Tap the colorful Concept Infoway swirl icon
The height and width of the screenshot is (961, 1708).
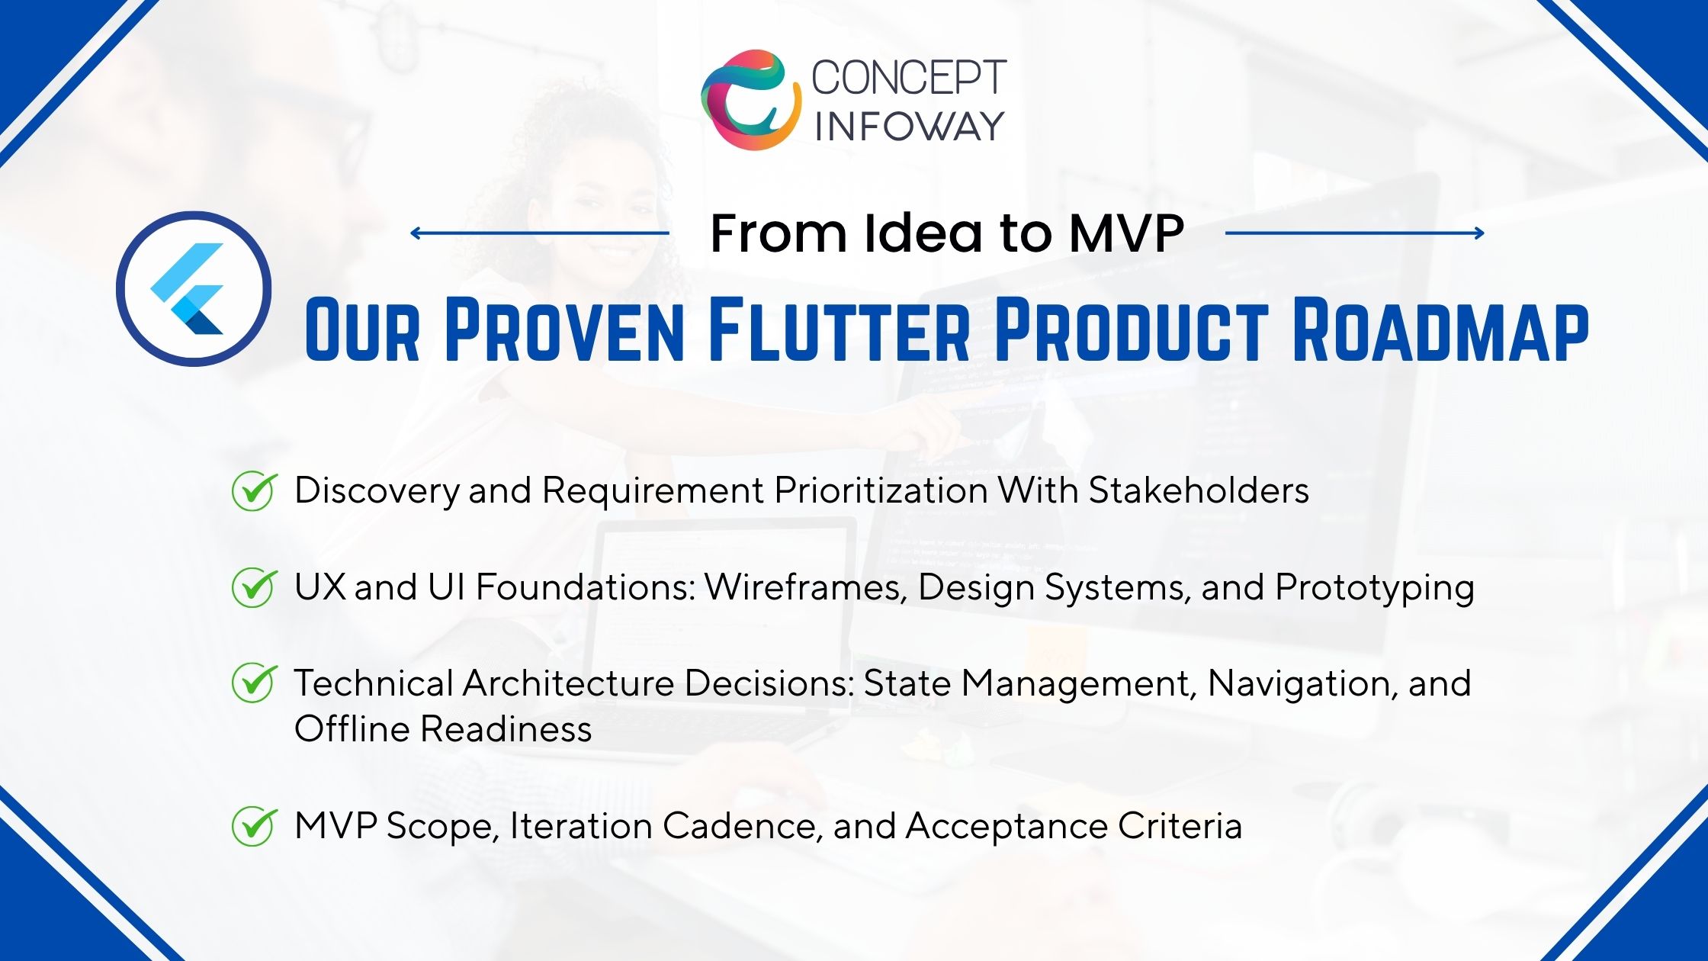(x=751, y=99)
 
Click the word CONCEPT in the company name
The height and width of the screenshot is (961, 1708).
(x=909, y=78)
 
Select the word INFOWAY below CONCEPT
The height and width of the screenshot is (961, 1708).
(x=910, y=126)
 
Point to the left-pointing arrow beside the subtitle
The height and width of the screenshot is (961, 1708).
(x=540, y=233)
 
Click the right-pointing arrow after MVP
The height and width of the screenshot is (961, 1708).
(x=1355, y=233)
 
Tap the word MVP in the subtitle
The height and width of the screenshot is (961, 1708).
(x=1126, y=233)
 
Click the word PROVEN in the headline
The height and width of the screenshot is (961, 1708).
(x=565, y=330)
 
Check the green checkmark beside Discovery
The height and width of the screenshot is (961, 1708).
(x=253, y=490)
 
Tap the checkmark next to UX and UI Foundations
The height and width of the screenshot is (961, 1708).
(x=253, y=587)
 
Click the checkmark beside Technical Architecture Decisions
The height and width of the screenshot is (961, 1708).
(x=253, y=683)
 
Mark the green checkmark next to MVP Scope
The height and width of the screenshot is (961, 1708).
(x=253, y=826)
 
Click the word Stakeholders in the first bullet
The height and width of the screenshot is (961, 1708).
(x=1199, y=490)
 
